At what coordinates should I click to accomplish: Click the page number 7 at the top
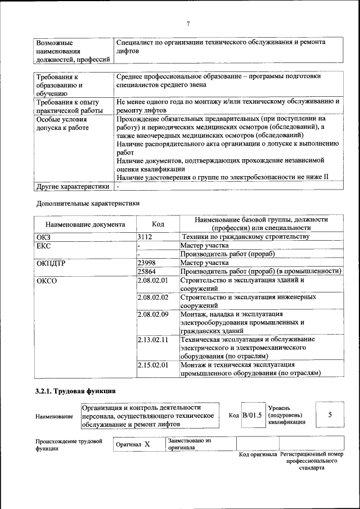pyautogui.click(x=188, y=23)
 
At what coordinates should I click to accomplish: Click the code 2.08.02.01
pyautogui.click(x=153, y=280)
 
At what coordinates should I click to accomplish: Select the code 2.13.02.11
pyautogui.click(x=153, y=340)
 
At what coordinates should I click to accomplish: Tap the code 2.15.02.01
pyautogui.click(x=153, y=365)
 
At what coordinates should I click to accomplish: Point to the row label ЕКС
pyautogui.click(x=43, y=246)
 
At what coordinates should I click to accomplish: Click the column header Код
pyautogui.click(x=158, y=224)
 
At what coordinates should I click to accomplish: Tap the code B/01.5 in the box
pyautogui.click(x=252, y=415)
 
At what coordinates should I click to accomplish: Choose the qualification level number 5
pyautogui.click(x=330, y=415)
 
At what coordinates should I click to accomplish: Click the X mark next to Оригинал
pyautogui.click(x=147, y=444)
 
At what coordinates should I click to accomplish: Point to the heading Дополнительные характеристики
pyautogui.click(x=88, y=202)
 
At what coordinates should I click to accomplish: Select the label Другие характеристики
pyautogui.click(x=73, y=187)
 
